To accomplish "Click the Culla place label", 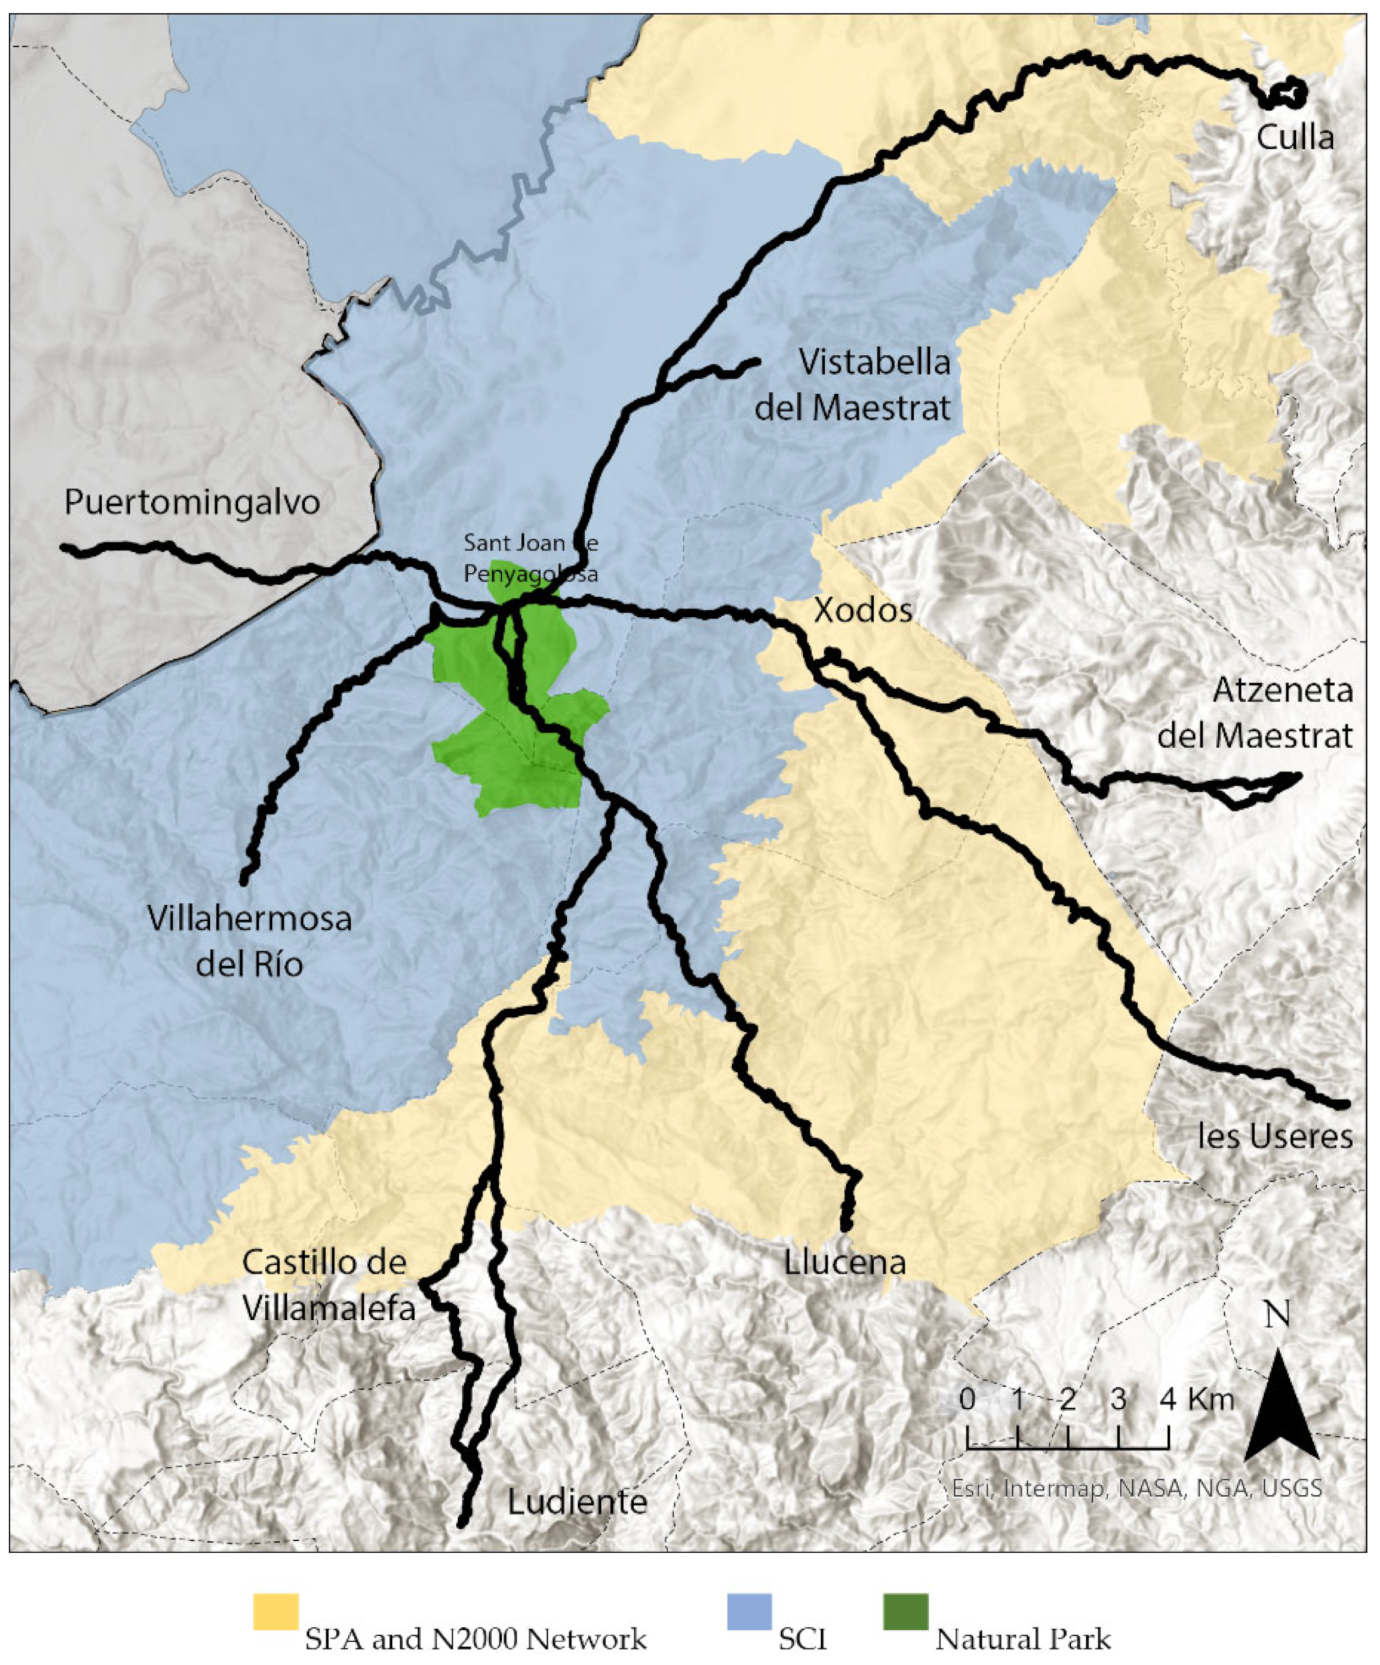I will (x=1295, y=138).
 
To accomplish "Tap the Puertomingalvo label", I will (x=192, y=502).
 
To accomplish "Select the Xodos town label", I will (x=863, y=610).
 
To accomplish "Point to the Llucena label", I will (x=845, y=1263).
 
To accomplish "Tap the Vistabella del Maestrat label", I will (x=853, y=385).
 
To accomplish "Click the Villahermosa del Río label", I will (x=250, y=942).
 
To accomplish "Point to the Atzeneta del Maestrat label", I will (x=1256, y=713).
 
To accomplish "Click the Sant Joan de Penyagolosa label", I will (x=531, y=557).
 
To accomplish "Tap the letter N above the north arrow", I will (x=1277, y=1314).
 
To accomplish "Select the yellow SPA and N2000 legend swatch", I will (x=276, y=1612).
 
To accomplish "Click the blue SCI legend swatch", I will (x=749, y=1612).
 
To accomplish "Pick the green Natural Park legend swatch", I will (x=905, y=1612).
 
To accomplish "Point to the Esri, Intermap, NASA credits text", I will (x=1136, y=1488).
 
